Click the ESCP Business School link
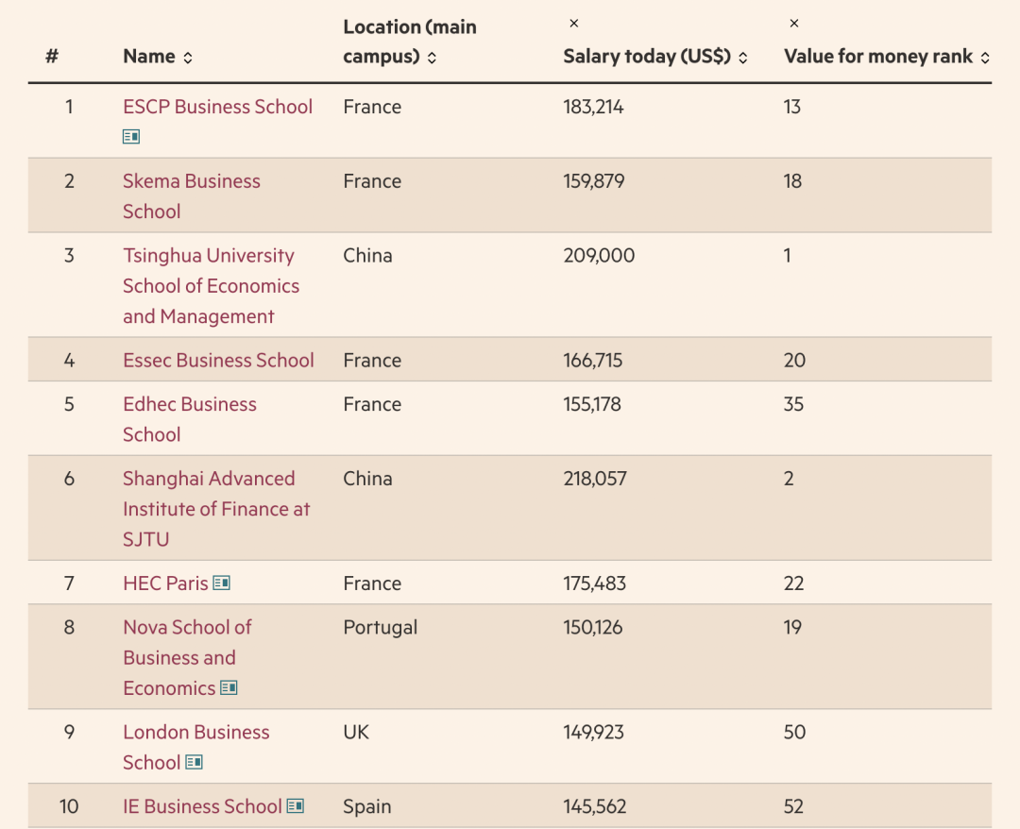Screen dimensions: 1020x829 click(218, 107)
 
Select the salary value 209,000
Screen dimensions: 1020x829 click(599, 256)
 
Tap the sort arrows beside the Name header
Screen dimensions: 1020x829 click(188, 58)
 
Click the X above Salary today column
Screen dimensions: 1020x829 click(574, 24)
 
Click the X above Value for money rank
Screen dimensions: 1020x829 click(793, 24)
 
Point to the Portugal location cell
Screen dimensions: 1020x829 click(381, 628)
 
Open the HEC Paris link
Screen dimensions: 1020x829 click(166, 584)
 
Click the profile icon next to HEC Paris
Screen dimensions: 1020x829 click(222, 583)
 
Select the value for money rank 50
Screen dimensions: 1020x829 click(794, 732)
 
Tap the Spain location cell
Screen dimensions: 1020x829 click(366, 807)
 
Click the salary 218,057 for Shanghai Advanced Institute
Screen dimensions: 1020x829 click(595, 479)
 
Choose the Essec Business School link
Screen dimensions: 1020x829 click(218, 360)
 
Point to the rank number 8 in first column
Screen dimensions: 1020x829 click(69, 628)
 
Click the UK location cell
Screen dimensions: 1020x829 click(356, 732)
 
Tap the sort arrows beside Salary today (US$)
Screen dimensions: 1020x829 click(743, 58)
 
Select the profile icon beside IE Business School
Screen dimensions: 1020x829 click(296, 806)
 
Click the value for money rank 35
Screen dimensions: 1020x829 click(793, 404)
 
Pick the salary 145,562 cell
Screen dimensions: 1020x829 click(595, 807)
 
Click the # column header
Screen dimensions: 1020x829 click(52, 57)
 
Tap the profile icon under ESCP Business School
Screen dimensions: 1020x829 click(130, 137)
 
